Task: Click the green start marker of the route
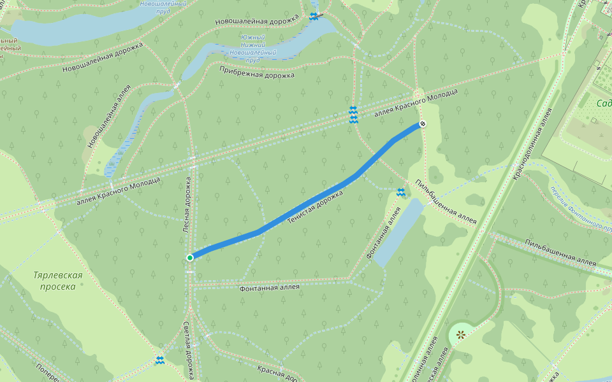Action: pos(190,257)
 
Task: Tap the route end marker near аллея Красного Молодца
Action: pos(422,124)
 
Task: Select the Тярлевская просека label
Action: pos(58,281)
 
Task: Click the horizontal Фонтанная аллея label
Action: pos(269,288)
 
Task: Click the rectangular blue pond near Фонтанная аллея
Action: pos(399,231)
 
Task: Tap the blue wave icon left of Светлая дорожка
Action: pos(160,360)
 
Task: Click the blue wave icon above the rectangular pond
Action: pos(401,192)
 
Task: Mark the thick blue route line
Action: pos(306,204)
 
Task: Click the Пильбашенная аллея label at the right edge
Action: pos(560,253)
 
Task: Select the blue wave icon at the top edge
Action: pos(314,17)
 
